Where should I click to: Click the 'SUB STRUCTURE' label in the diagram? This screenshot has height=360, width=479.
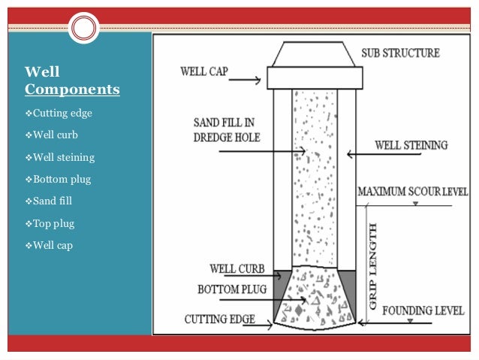(x=400, y=54)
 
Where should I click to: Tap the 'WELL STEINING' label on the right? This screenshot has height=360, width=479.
(x=411, y=144)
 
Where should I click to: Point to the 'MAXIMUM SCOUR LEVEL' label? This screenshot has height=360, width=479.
(x=417, y=193)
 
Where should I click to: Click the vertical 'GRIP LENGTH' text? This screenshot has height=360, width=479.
(x=373, y=267)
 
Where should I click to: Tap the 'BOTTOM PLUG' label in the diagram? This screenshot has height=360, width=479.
(x=230, y=289)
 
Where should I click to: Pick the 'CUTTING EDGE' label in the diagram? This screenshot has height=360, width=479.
(x=218, y=319)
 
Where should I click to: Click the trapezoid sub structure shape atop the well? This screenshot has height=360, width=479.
(x=313, y=54)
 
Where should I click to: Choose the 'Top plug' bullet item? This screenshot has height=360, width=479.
(x=53, y=223)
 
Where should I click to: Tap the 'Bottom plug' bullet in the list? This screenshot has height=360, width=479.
(x=58, y=179)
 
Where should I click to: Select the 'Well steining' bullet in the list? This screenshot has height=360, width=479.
(x=60, y=157)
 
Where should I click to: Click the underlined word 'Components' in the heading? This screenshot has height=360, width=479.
(x=72, y=89)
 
